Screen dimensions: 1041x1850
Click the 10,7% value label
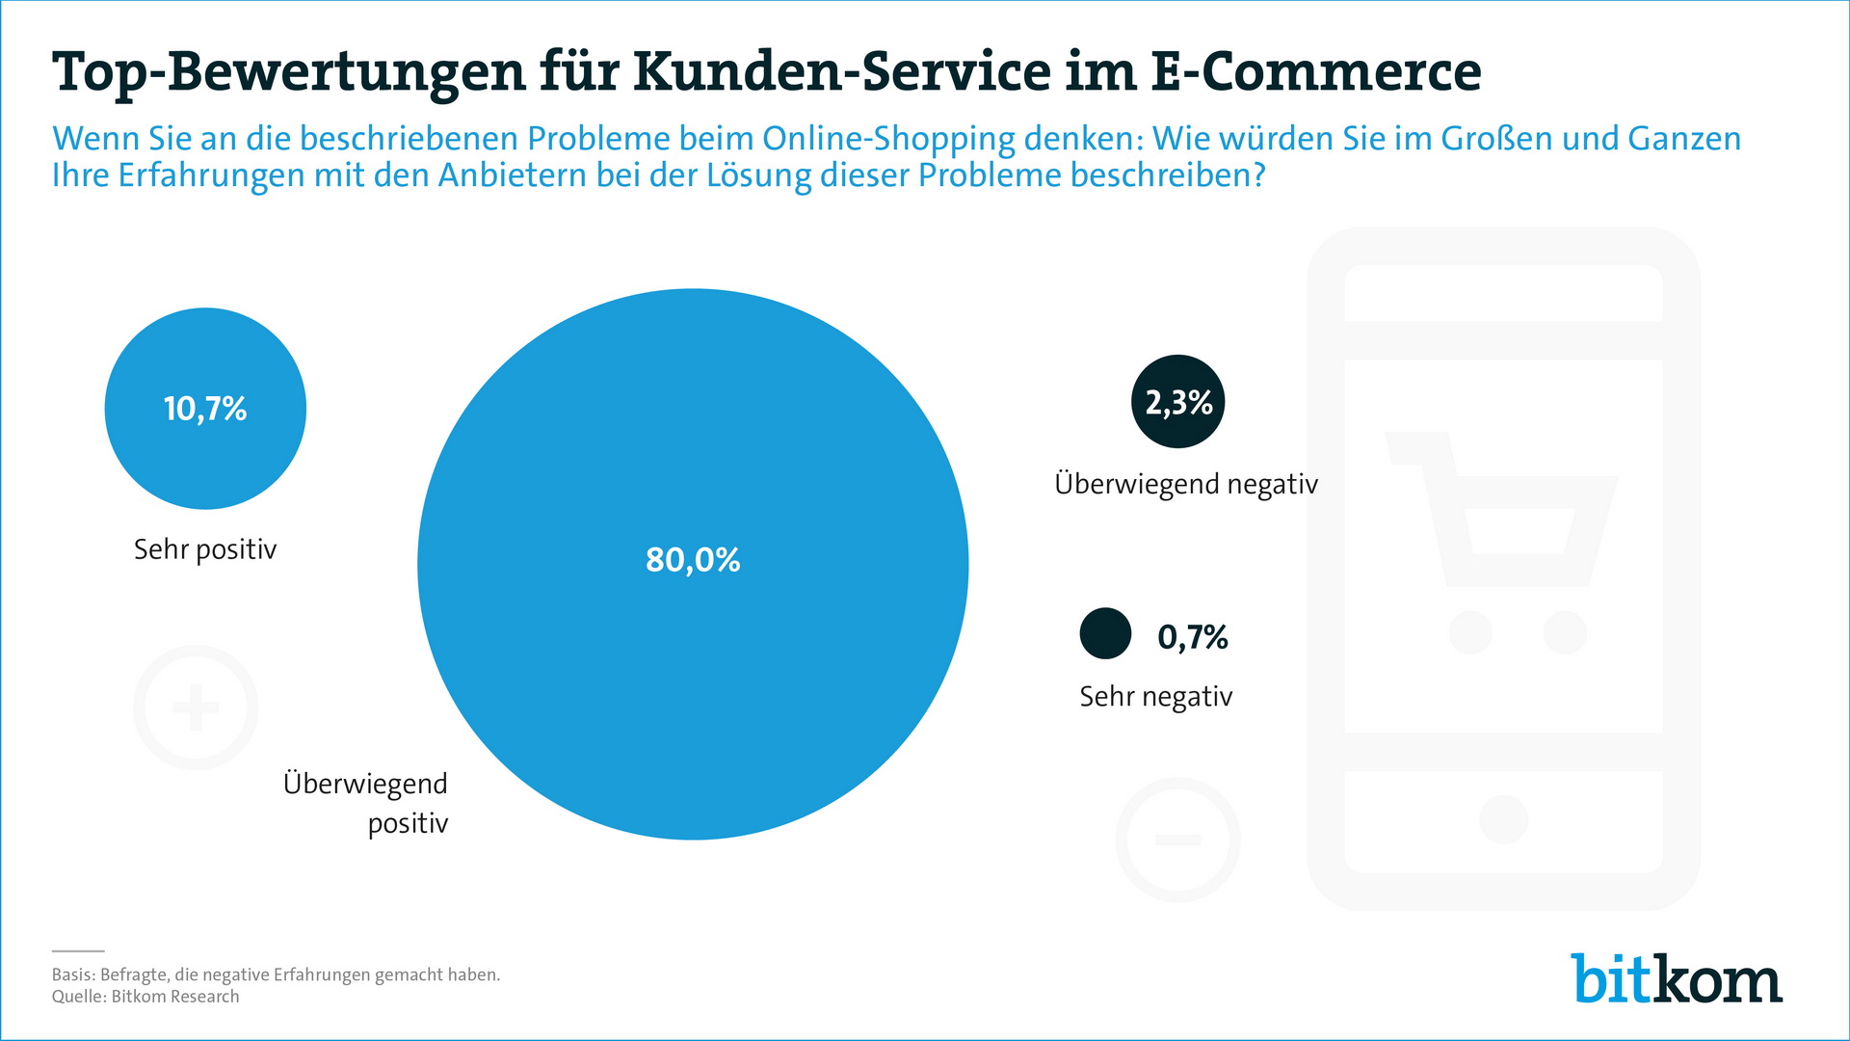[205, 409]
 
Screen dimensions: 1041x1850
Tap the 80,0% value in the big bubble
[693, 560]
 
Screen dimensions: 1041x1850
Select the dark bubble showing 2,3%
[1177, 402]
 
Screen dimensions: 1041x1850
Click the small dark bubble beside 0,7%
[1105, 633]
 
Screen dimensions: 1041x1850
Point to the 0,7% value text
[1193, 637]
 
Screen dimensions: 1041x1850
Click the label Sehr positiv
[205, 549]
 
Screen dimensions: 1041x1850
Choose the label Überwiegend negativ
[1186, 484]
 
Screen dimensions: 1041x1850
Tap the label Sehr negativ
[1156, 697]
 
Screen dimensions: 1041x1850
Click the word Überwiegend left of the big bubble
[365, 784]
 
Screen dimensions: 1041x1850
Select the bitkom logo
[1677, 979]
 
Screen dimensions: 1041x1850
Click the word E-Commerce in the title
[1316, 71]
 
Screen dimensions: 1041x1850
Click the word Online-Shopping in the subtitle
[888, 140]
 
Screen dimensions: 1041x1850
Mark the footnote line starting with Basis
[276, 974]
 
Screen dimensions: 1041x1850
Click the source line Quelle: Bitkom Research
[145, 997]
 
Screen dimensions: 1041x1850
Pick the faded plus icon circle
[196, 707]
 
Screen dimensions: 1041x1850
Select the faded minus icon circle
[1177, 840]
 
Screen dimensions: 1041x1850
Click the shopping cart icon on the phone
[1503, 540]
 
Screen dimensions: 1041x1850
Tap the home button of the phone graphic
[1503, 819]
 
